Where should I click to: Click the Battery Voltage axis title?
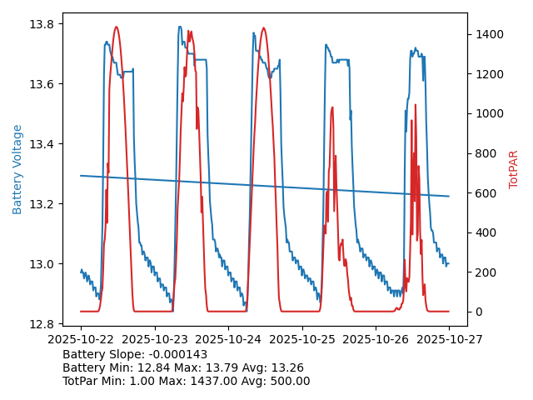17,169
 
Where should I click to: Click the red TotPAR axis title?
514,169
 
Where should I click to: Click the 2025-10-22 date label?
81,339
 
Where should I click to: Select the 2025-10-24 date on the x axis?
228,339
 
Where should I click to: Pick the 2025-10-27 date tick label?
449,339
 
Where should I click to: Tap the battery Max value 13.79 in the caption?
236,367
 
